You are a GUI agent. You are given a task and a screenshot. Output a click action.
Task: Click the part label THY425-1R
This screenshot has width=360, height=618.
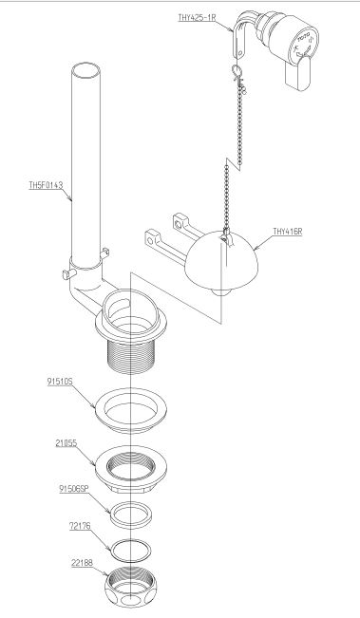197,17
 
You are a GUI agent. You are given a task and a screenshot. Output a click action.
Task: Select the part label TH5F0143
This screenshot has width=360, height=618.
46,185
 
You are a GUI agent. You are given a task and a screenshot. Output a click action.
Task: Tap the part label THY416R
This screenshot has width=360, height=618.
288,232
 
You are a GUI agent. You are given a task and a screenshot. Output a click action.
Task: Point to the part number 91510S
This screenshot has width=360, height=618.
60,382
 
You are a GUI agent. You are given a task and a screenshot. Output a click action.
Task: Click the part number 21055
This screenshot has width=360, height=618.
66,443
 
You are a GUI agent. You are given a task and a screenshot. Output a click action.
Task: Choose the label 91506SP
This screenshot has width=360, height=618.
74,489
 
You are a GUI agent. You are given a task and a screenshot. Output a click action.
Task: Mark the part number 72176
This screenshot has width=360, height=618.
80,526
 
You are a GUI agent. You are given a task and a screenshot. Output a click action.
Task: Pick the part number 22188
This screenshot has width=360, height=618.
82,563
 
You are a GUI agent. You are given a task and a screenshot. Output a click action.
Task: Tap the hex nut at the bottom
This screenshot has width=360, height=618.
130,588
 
